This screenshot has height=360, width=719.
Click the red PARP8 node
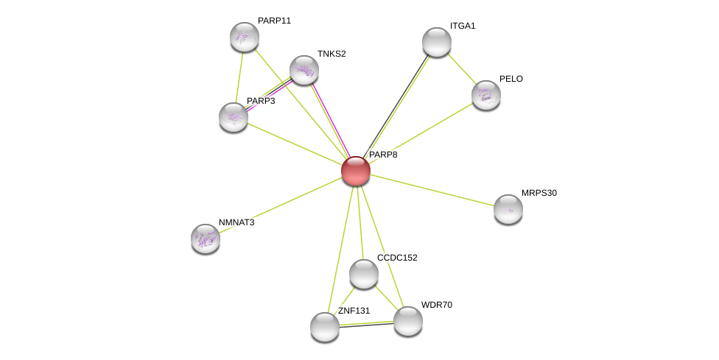[355, 171]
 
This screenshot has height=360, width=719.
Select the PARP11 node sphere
[245, 37]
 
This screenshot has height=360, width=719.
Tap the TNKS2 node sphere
[304, 70]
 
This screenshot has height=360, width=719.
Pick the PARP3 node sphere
[234, 117]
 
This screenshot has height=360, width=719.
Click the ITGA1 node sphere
[437, 42]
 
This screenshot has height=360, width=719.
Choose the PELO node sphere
[486, 95]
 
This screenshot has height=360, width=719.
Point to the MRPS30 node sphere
[508, 209]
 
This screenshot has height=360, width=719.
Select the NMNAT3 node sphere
[206, 239]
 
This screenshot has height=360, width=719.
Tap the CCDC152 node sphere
[364, 274]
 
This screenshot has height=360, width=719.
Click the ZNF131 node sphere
[325, 327]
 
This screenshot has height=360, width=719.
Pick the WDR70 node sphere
[407, 321]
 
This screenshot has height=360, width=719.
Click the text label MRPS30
[539, 193]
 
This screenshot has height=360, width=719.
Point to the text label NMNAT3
[236, 222]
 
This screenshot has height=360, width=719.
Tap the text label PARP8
[383, 155]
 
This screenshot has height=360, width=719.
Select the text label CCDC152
[397, 258]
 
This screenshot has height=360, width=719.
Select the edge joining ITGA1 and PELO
[461, 68]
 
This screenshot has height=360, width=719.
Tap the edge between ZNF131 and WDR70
[366, 324]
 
